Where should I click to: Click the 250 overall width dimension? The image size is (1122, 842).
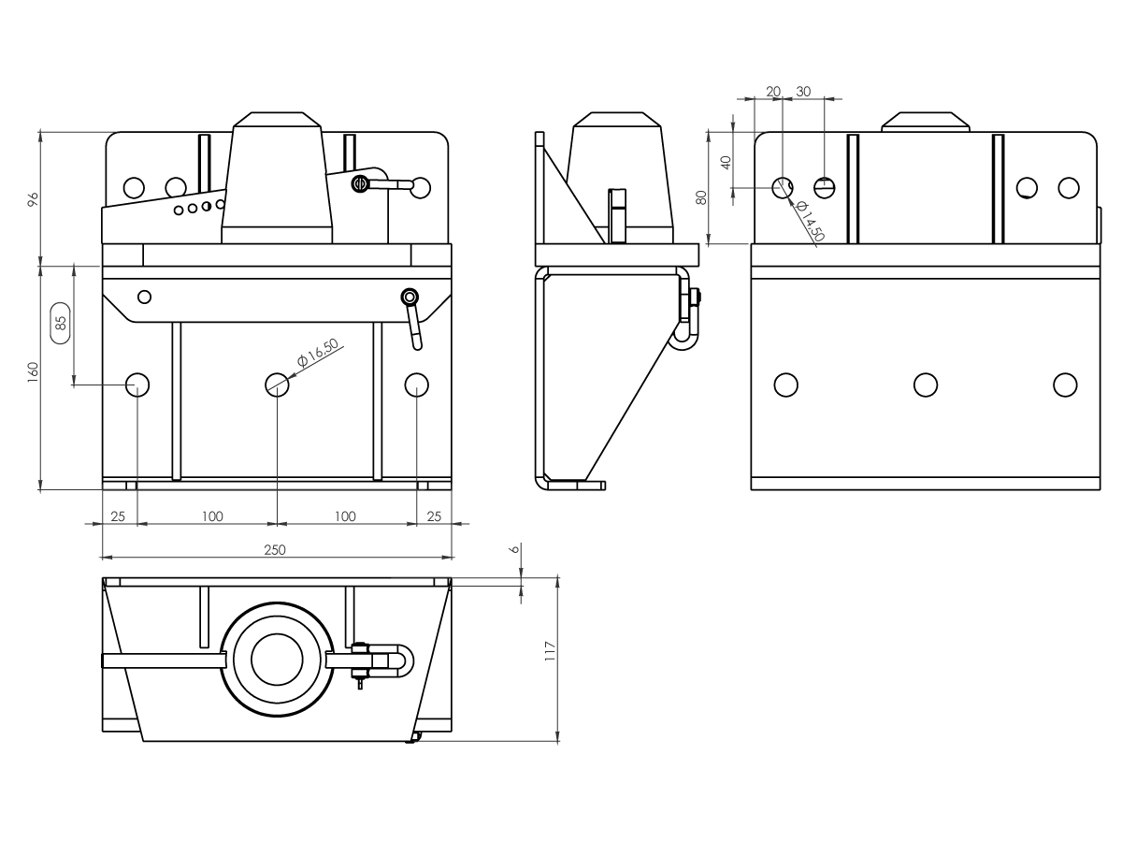[x=275, y=550]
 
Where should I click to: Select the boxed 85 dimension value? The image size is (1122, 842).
[x=61, y=323]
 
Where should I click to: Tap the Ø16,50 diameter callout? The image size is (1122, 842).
[x=318, y=353]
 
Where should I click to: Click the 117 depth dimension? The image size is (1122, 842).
[x=550, y=651]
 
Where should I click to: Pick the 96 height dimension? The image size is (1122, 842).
[x=33, y=199]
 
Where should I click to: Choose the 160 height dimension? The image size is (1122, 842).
[x=33, y=372]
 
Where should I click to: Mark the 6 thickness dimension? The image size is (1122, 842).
[x=515, y=549]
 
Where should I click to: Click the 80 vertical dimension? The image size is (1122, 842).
[x=701, y=197]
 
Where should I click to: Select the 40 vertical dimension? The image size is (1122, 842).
[x=726, y=163]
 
